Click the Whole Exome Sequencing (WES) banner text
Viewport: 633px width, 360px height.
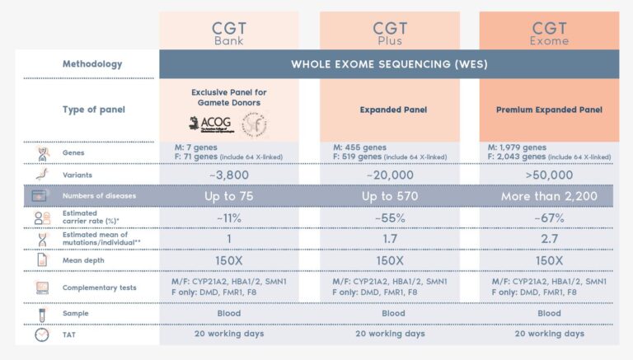tap(388, 64)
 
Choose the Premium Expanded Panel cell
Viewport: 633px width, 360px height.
tap(549, 110)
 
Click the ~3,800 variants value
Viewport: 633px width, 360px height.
tap(228, 175)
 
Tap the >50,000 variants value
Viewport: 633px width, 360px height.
tap(549, 175)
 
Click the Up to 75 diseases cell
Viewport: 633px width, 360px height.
tap(228, 196)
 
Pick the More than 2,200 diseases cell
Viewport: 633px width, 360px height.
tap(549, 196)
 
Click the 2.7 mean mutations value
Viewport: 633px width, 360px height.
tap(549, 239)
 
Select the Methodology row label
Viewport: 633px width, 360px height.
tap(92, 64)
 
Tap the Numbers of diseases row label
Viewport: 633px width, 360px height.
tap(99, 196)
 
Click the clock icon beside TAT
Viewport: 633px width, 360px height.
tap(40, 334)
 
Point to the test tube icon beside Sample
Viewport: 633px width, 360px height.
tap(40, 314)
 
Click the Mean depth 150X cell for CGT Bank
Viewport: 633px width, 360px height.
tap(228, 260)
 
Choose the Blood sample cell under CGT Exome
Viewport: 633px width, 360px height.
tap(549, 314)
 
